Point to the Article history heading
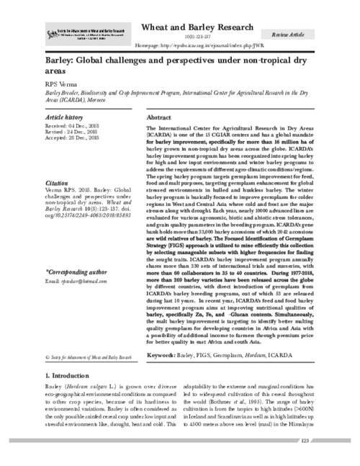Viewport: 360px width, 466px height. tap(64, 116)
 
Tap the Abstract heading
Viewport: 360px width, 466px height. tap(158, 116)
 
